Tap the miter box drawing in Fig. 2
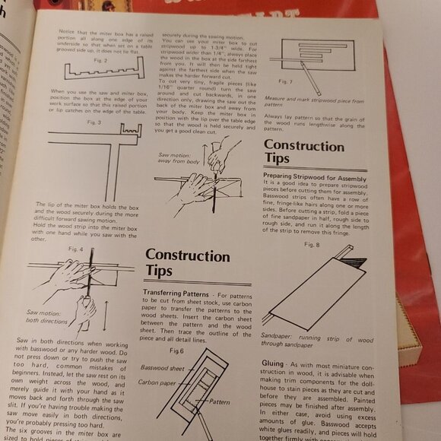pos(100,72)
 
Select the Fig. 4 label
pos(75,249)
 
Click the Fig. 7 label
pos(285,81)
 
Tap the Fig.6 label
pos(176,351)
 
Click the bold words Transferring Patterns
pos(178,293)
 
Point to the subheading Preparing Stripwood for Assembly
pos(315,176)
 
